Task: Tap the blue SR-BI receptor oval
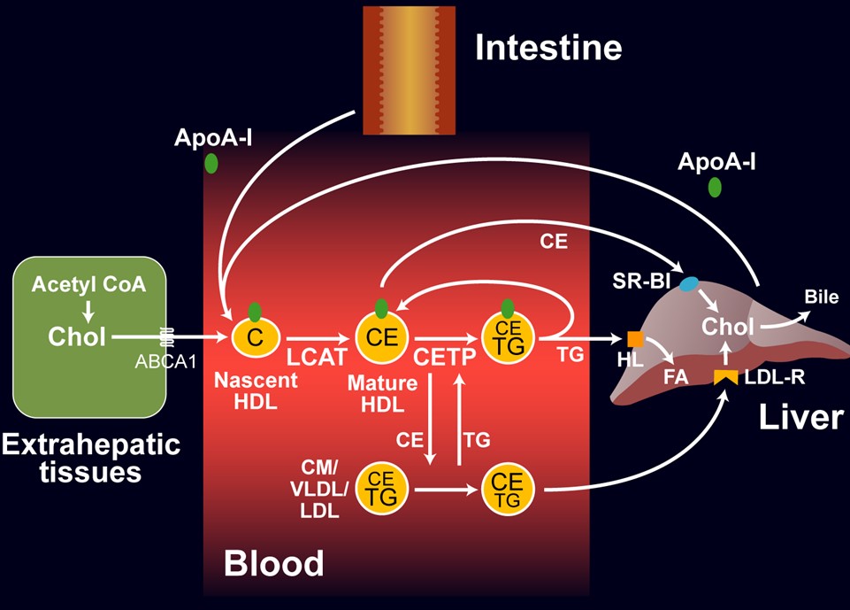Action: (x=687, y=284)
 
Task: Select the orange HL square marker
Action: (x=635, y=338)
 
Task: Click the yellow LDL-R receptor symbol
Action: (x=725, y=378)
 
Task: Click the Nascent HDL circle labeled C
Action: (x=256, y=337)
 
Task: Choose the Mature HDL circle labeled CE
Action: (x=381, y=337)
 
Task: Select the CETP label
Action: (x=445, y=357)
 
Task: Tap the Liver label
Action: (x=800, y=416)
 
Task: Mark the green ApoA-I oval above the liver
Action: (x=714, y=188)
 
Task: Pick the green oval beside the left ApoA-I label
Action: (x=211, y=163)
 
